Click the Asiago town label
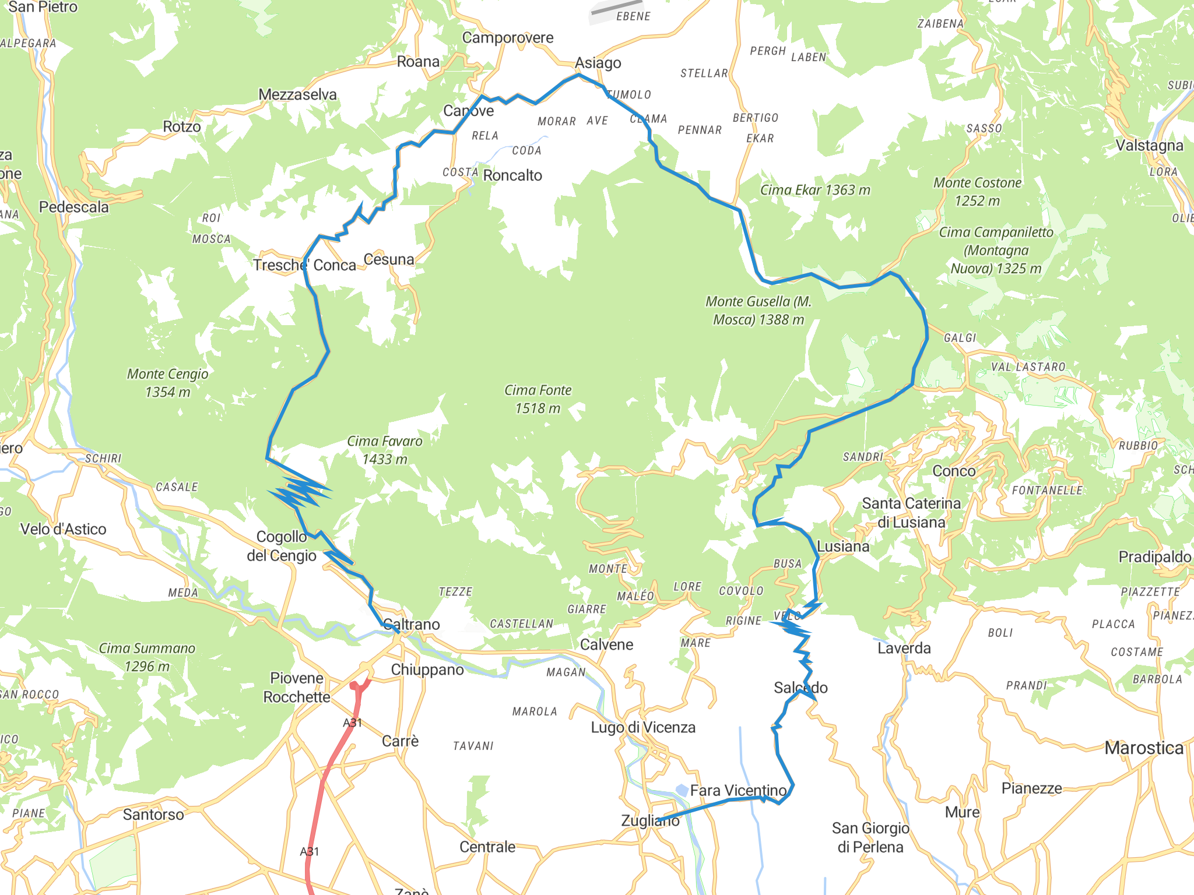[x=598, y=63]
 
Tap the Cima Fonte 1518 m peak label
[x=538, y=399]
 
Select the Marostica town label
[x=1144, y=748]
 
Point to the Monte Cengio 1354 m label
[x=167, y=383]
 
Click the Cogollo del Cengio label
[x=282, y=546]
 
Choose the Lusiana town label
[x=843, y=547]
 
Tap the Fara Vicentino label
[x=738, y=791]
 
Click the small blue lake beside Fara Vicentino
[x=682, y=790]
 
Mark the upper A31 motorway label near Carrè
[x=352, y=723]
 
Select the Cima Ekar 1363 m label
[x=815, y=190]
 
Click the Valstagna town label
[x=1149, y=146]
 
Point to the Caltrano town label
[x=412, y=625]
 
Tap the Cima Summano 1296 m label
[x=147, y=657]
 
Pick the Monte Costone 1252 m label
[x=977, y=192]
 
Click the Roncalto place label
[x=512, y=175]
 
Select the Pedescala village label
[x=74, y=207]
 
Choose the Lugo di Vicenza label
[x=643, y=728]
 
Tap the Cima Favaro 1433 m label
[x=385, y=450]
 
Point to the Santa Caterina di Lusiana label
[x=911, y=513]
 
